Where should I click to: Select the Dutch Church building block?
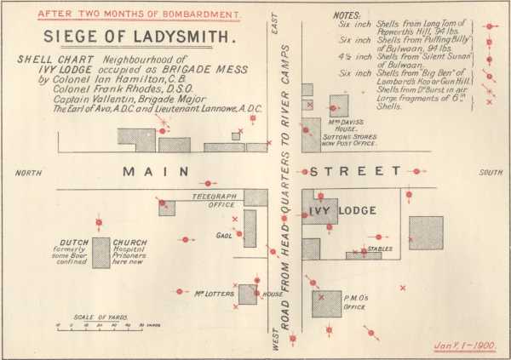point(101,253)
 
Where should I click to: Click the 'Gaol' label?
point(224,236)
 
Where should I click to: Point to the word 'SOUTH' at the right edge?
point(491,173)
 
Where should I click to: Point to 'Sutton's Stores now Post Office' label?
point(349,140)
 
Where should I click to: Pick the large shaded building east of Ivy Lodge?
point(426,232)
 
